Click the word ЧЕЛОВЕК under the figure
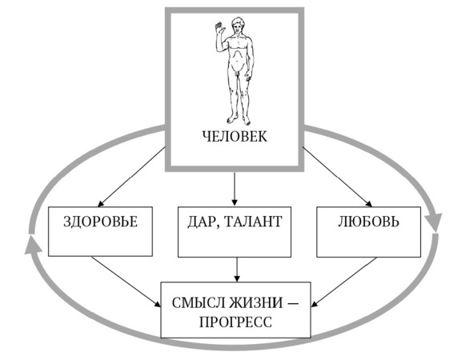tap(234, 136)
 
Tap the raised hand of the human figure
tap(219, 27)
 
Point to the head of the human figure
tap(238, 26)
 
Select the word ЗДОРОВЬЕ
tap(101, 222)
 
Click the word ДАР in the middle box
tap(200, 222)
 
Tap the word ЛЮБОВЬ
tap(369, 222)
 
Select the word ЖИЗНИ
tap(256, 302)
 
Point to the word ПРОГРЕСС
tap(235, 322)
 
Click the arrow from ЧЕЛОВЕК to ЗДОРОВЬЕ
tap(131, 177)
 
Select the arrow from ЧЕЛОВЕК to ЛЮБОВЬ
tap(337, 177)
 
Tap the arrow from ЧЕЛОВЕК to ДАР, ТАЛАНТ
tap(234, 189)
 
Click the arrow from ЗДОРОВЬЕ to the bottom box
tap(126, 282)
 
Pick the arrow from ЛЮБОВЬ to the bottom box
tap(344, 282)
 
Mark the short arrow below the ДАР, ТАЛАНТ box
tap(237, 270)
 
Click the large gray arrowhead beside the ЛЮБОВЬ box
tap(434, 222)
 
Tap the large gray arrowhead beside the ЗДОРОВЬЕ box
tap(33, 244)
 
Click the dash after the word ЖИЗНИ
tap(293, 303)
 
